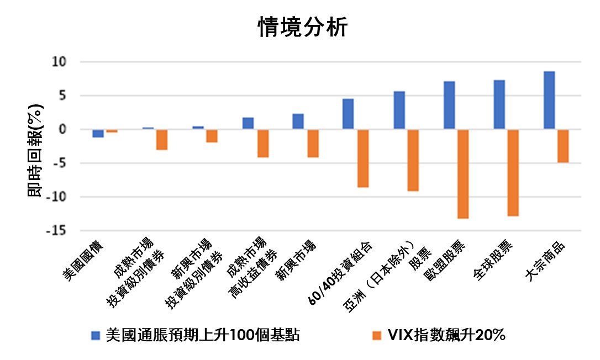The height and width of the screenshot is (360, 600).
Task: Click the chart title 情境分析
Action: [303, 27]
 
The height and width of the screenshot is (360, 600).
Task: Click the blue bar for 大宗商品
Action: [549, 100]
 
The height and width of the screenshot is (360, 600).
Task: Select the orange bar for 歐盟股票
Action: [463, 174]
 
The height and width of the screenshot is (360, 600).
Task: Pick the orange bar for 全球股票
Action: [513, 173]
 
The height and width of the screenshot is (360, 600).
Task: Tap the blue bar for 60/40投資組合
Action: [348, 114]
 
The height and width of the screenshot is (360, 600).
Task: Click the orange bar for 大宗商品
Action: [562, 146]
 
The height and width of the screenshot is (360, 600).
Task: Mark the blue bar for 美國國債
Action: [98, 133]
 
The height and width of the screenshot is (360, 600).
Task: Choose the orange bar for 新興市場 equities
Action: [313, 144]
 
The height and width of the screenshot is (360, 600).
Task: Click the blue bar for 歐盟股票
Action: [449, 105]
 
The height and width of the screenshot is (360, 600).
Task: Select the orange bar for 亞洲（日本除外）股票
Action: [413, 160]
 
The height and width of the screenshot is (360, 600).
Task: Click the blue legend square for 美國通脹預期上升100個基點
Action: [96, 335]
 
